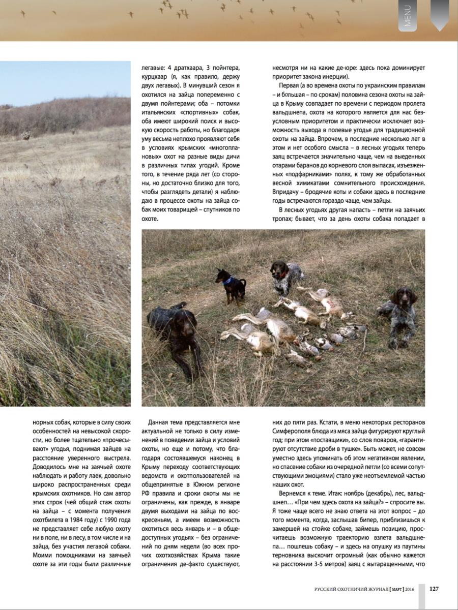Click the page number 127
(x=434, y=589)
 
